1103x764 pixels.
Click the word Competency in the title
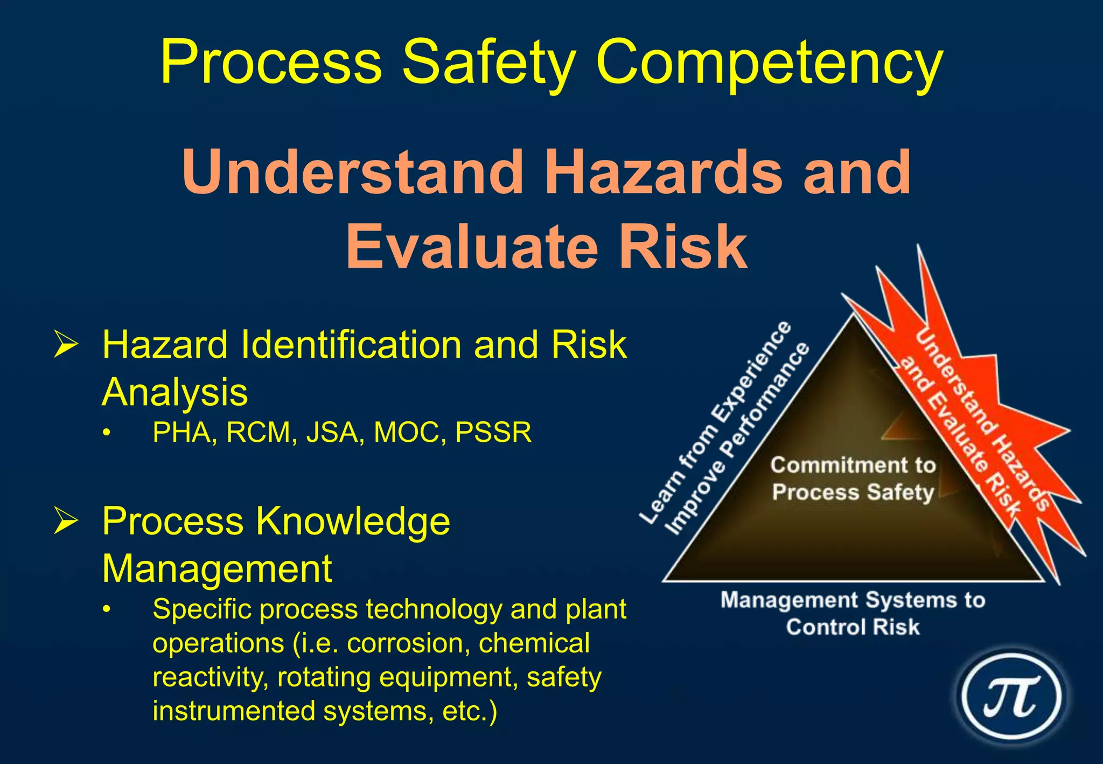point(769,62)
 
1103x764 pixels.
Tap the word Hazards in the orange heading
point(663,172)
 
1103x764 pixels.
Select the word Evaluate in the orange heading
point(472,247)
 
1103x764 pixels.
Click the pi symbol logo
point(1011,696)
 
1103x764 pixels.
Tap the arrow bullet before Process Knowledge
point(66,521)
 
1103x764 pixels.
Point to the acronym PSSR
point(493,432)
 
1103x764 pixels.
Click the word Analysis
point(174,392)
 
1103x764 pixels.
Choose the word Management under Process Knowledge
point(217,568)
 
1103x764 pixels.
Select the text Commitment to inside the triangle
point(853,465)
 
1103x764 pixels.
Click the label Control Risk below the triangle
point(853,627)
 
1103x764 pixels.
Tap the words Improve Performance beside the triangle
point(738,439)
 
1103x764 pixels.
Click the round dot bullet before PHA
point(107,433)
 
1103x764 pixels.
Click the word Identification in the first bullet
point(351,345)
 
